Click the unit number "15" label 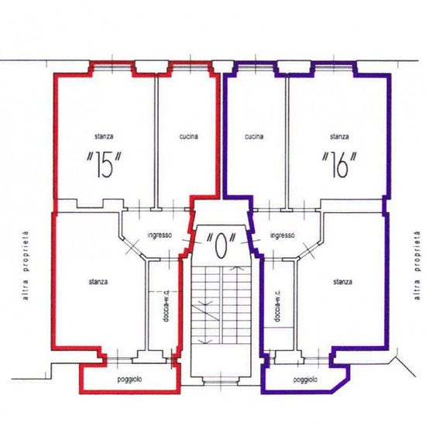(104, 165)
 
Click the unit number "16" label (339, 165)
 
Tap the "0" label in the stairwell (220, 246)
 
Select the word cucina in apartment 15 (188, 136)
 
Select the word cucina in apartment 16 (254, 136)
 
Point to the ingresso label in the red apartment (160, 235)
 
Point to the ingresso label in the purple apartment (283, 235)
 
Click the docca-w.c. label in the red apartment (166, 306)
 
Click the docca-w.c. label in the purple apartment (277, 306)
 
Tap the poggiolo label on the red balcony (129, 380)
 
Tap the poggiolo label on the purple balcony (305, 380)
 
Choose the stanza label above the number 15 (104, 136)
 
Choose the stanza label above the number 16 (339, 136)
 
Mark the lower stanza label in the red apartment (98, 282)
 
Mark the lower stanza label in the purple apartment (342, 282)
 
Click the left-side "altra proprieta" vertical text (26, 266)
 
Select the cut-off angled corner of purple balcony (340, 385)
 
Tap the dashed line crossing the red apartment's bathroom (164, 292)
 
